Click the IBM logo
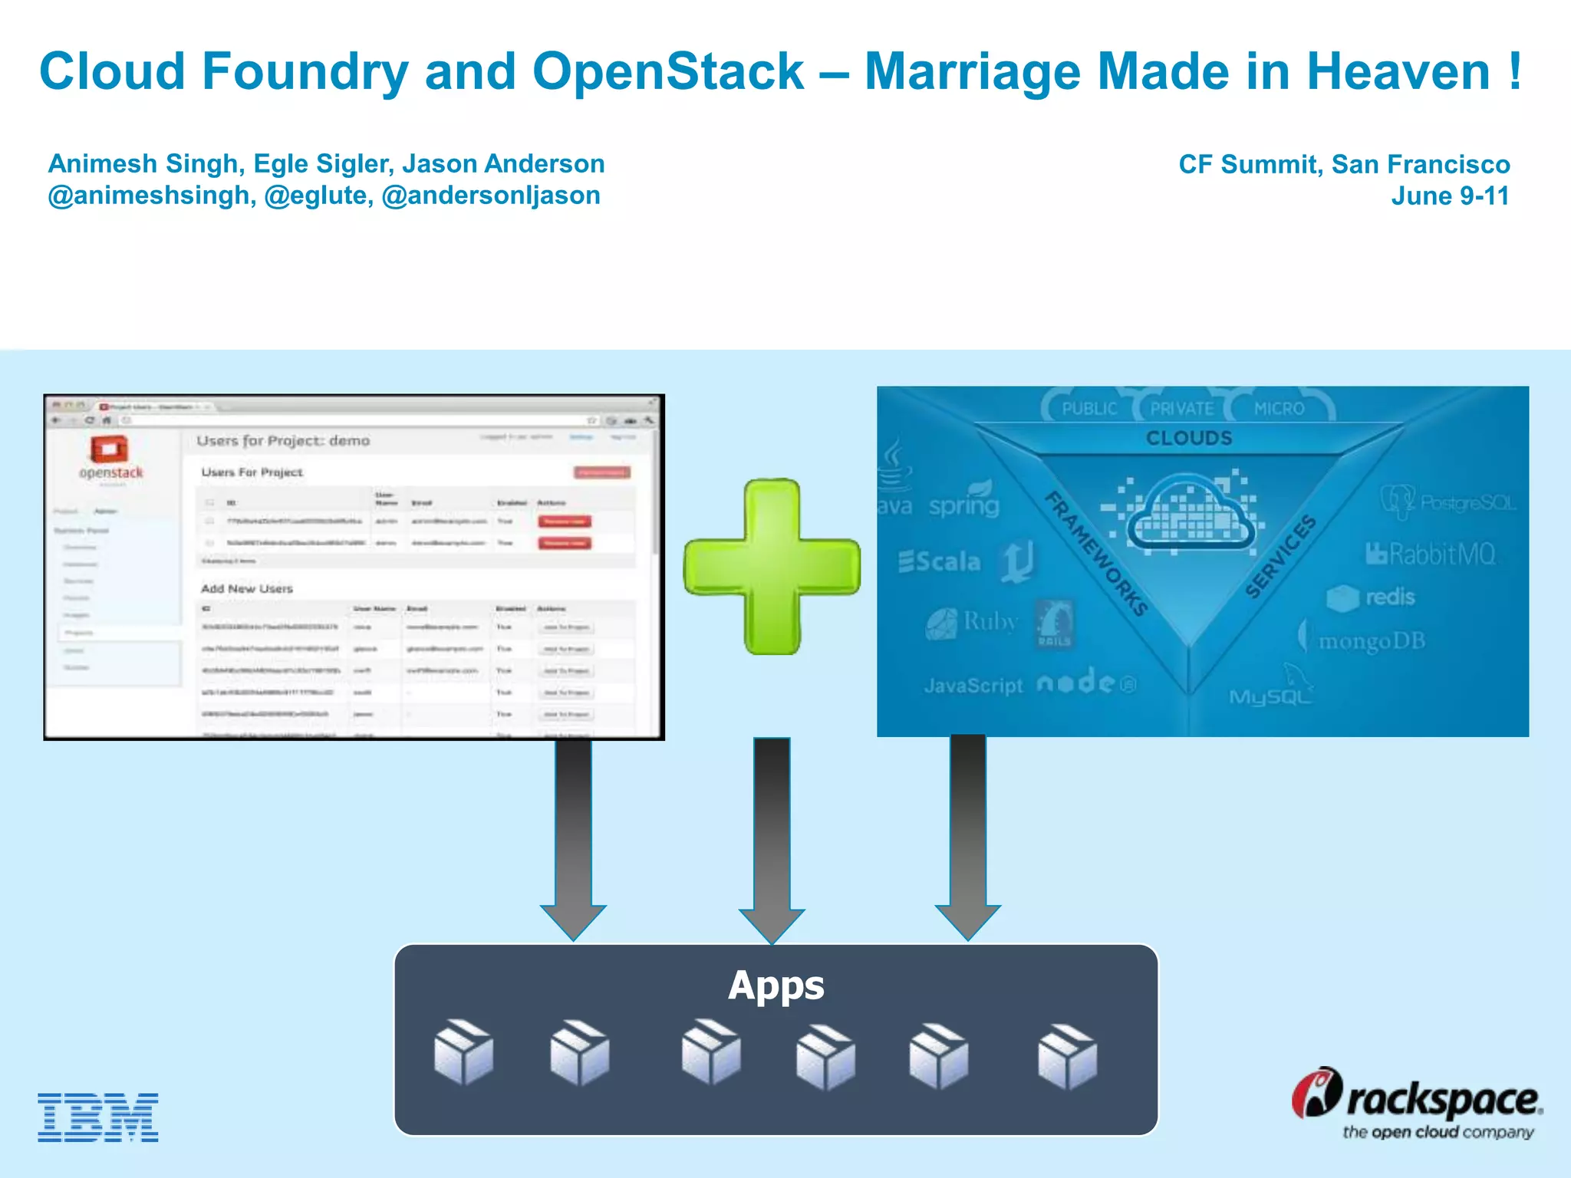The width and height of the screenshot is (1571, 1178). pos(98,1117)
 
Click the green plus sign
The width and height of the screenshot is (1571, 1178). pos(772,567)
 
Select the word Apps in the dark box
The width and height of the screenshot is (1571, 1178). pos(776,986)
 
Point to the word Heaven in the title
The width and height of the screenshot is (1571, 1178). pos(1398,72)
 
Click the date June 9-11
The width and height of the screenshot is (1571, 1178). pos(1450,196)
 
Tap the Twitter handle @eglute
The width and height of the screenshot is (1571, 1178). pos(318,196)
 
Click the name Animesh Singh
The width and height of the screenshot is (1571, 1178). pos(143,164)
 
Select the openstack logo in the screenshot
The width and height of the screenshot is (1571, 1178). pos(110,457)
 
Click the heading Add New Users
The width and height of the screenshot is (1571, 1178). pos(246,589)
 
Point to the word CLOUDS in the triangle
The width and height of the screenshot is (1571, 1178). pos(1189,438)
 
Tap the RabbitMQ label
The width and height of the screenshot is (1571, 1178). pos(1431,554)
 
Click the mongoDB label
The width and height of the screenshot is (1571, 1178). pos(1371,641)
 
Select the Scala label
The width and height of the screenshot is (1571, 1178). pos(940,561)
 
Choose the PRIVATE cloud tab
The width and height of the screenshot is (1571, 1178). pos(1181,409)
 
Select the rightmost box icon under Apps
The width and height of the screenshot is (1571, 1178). pos(1067,1056)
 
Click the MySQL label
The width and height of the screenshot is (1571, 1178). pos(1270,696)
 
